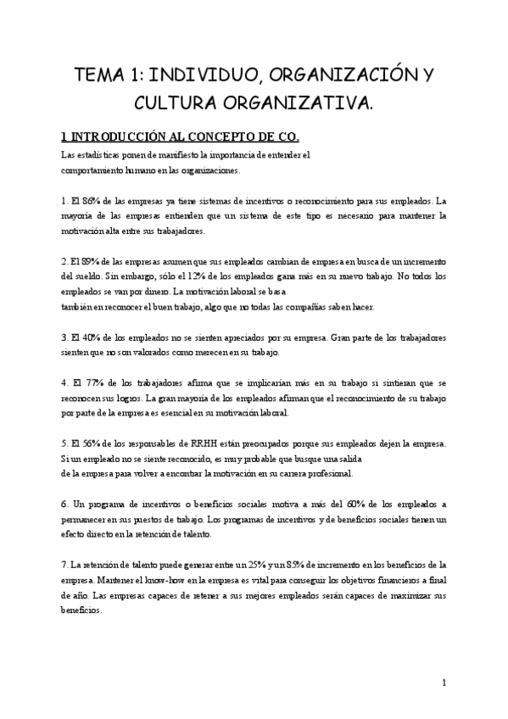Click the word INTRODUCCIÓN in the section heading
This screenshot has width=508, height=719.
118,136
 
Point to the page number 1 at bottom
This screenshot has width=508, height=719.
445,683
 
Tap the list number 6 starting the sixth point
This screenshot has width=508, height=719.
64,504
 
